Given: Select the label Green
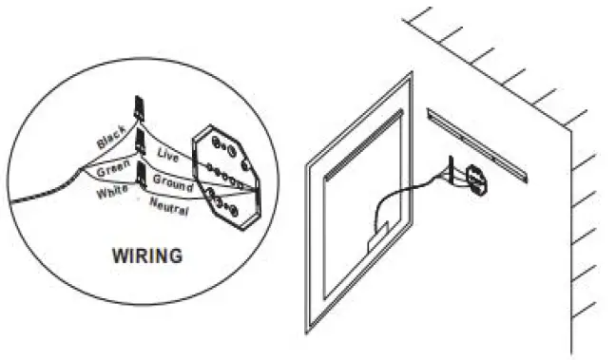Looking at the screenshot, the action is [112, 171].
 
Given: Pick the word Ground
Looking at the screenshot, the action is [172, 183].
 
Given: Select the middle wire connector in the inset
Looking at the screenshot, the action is [140, 142].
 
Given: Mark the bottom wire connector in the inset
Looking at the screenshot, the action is [142, 174].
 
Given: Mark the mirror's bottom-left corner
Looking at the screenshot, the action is [308, 332].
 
